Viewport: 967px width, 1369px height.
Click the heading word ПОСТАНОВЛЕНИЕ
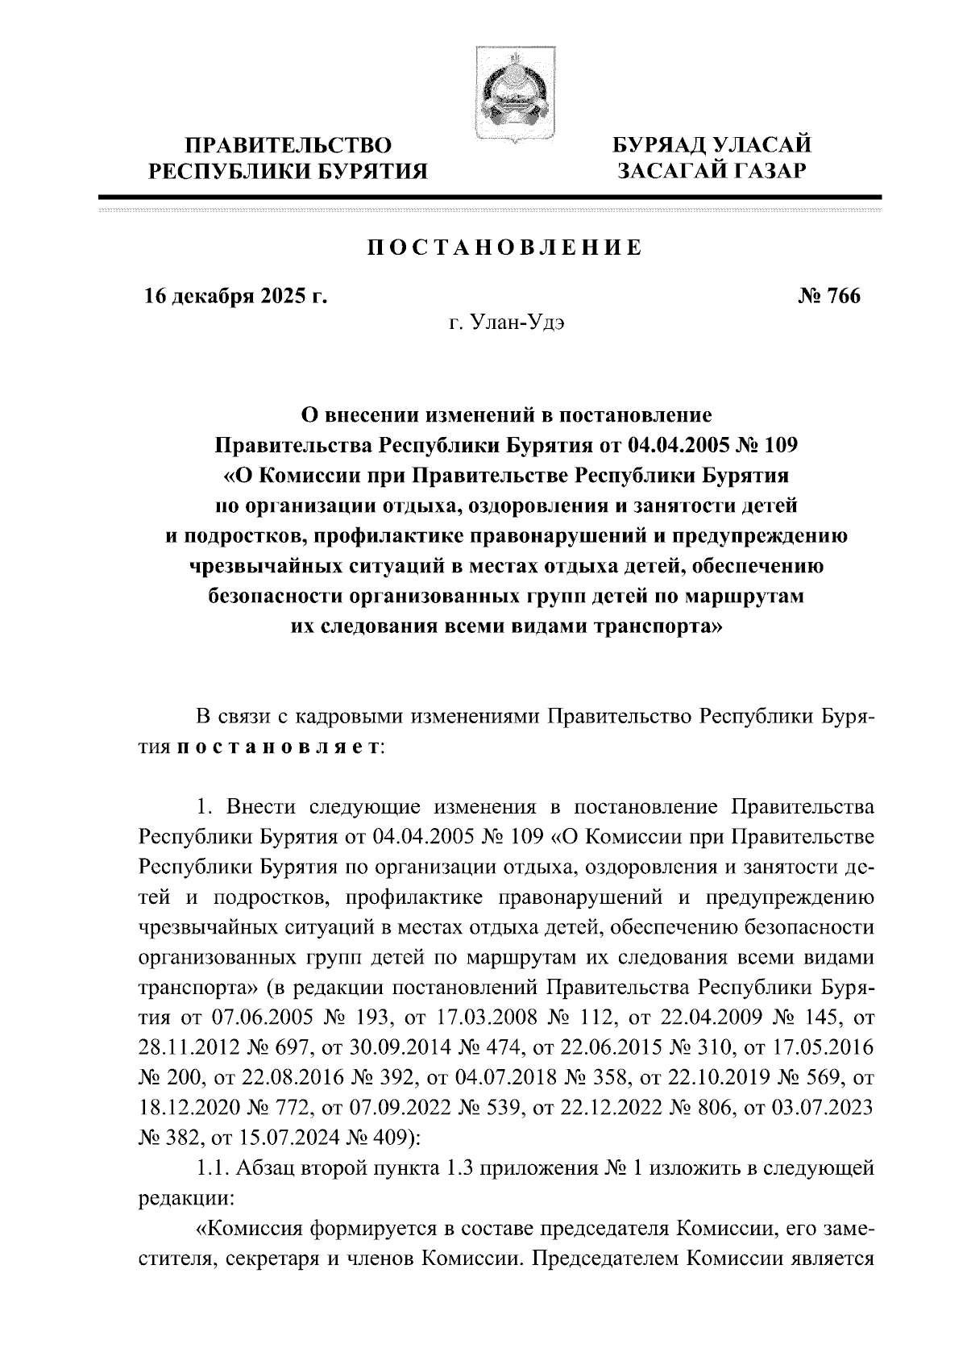(x=505, y=248)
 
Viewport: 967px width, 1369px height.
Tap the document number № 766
(x=829, y=297)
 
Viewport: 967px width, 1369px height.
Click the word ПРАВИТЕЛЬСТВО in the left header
(x=289, y=146)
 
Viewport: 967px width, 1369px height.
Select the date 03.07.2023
(x=822, y=1111)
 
